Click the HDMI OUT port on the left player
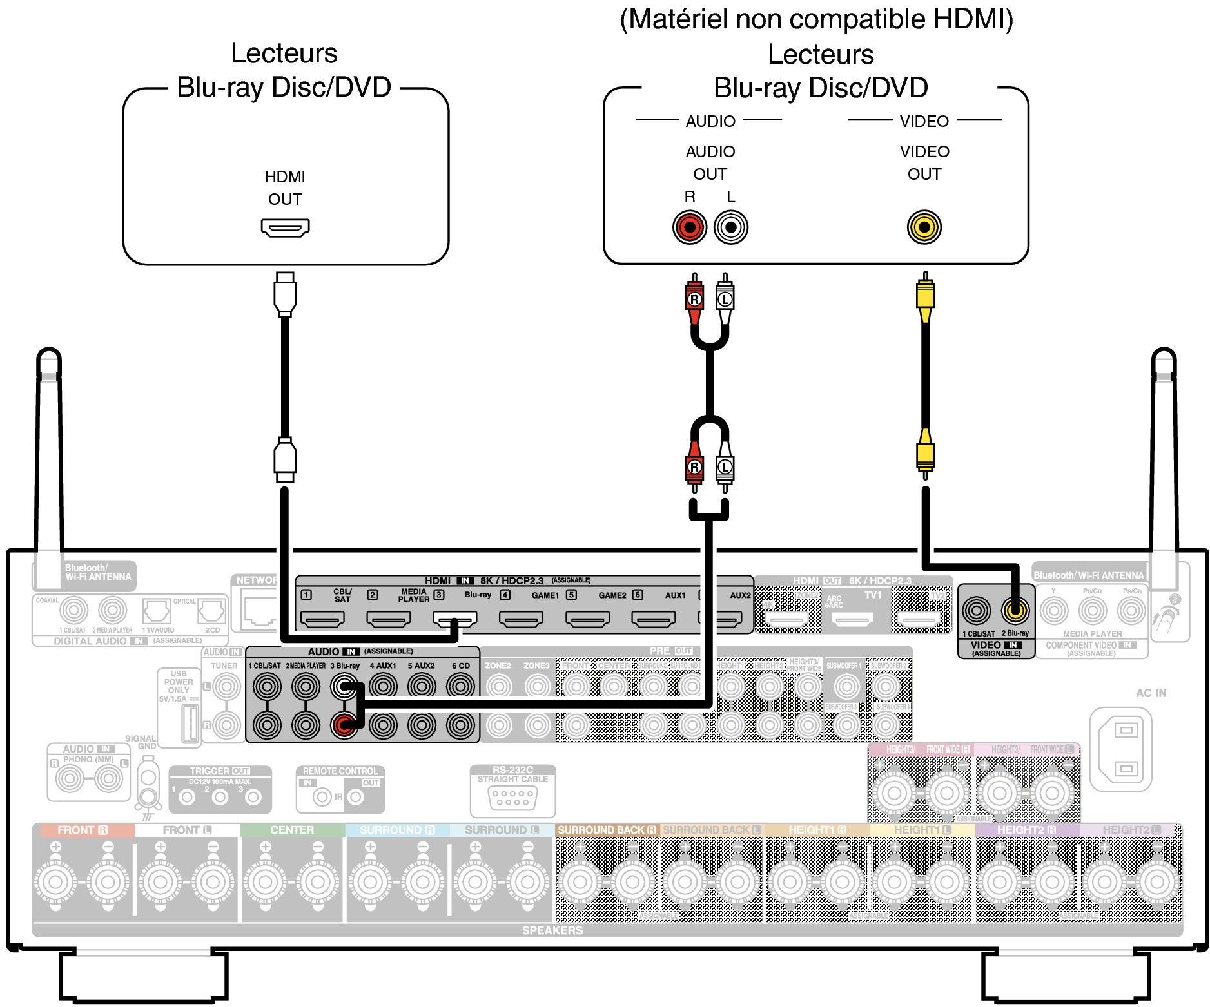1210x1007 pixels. point(285,227)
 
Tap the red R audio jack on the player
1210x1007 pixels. point(690,227)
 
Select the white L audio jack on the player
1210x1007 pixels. point(731,227)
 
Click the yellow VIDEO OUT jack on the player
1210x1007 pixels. point(924,227)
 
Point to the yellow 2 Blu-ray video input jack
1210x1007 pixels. point(1015,610)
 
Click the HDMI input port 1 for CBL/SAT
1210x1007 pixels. point(322,619)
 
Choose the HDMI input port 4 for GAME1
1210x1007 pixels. point(521,619)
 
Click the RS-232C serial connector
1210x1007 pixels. point(512,799)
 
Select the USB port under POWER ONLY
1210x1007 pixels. point(190,724)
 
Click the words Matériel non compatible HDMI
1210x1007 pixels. point(816,19)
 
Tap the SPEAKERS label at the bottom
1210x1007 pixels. point(552,930)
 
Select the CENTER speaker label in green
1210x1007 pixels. point(292,830)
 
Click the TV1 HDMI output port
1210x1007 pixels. point(852,620)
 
